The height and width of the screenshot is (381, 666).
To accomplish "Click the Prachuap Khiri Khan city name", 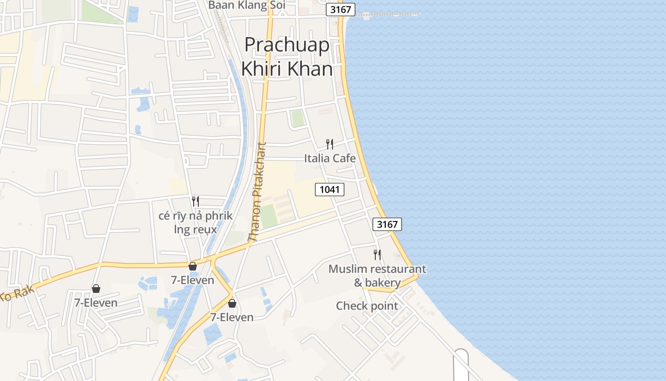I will [x=286, y=57].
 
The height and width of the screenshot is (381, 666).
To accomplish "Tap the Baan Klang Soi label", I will [x=247, y=5].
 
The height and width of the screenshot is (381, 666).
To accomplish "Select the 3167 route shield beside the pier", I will [x=341, y=10].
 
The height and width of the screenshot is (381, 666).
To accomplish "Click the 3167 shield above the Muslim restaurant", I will [x=387, y=224].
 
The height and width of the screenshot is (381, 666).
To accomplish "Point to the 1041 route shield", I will [x=329, y=190].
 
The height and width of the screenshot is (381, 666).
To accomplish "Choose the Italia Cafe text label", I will [x=330, y=158].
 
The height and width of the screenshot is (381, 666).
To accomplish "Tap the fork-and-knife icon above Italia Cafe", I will [x=329, y=144].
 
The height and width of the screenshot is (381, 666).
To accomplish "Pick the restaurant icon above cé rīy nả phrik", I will [x=195, y=201].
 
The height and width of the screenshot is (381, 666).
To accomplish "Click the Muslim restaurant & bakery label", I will [x=377, y=276].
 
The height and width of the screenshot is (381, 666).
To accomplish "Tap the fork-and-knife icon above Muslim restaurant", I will [x=377, y=255].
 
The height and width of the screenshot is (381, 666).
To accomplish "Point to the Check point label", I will [x=367, y=306].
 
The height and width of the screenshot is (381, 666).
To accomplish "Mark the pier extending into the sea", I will [x=390, y=14].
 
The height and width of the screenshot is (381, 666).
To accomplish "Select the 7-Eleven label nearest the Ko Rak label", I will [x=96, y=302].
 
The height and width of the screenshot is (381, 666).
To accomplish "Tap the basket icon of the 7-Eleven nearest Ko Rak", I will [x=96, y=289].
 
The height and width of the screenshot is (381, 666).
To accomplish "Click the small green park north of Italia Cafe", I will [x=298, y=118].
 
